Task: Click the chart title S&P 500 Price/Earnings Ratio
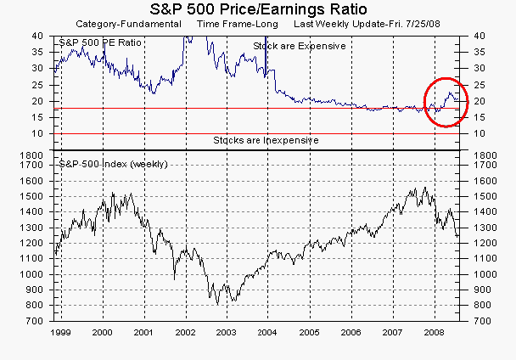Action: click(x=258, y=9)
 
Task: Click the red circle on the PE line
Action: click(x=445, y=102)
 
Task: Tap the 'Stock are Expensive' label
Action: click(x=300, y=45)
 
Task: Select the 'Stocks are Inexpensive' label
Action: click(x=266, y=139)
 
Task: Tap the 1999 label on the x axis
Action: click(x=60, y=333)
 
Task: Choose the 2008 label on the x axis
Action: click(x=434, y=333)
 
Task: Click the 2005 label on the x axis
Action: click(x=309, y=333)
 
